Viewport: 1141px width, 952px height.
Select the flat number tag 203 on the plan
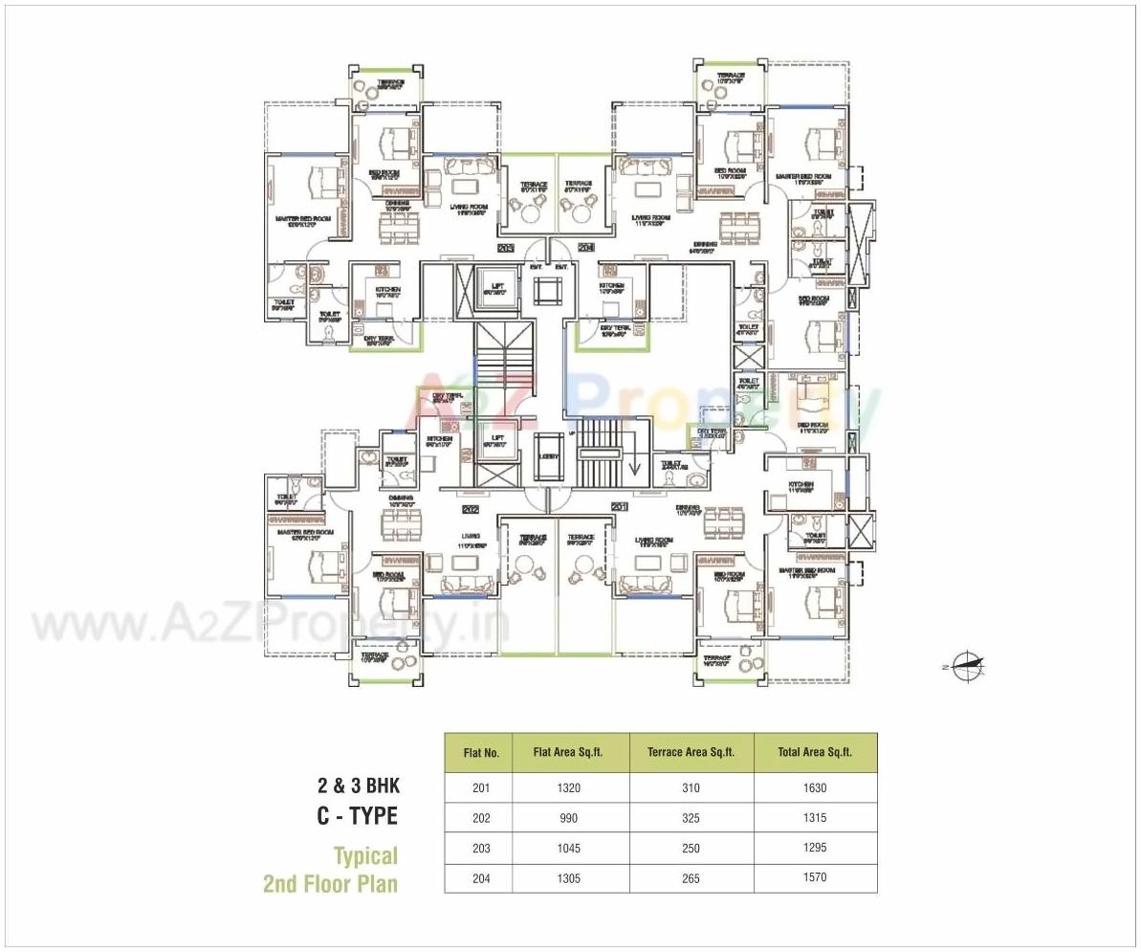pyautogui.click(x=506, y=249)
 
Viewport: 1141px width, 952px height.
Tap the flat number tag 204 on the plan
pyautogui.click(x=586, y=249)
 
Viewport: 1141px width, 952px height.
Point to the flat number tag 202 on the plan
pyautogui.click(x=470, y=509)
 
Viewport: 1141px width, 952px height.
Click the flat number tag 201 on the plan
pyautogui.click(x=619, y=507)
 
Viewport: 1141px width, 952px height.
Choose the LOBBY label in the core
pyautogui.click(x=548, y=456)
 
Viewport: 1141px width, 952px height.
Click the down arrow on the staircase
pyautogui.click(x=632, y=467)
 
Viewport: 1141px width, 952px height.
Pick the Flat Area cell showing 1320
pyautogui.click(x=571, y=788)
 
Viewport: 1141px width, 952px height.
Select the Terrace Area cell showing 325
pyautogui.click(x=691, y=818)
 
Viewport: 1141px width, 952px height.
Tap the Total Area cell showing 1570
pyautogui.click(x=815, y=877)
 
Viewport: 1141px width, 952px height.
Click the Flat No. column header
pyautogui.click(x=481, y=753)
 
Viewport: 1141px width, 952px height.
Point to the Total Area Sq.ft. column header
pyautogui.click(x=815, y=752)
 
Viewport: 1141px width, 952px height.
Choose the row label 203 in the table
pyautogui.click(x=481, y=849)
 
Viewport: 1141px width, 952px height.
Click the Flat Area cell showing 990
pyautogui.click(x=571, y=818)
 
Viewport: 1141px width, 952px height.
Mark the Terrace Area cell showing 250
pyautogui.click(x=691, y=848)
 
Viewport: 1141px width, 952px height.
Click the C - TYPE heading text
pyautogui.click(x=357, y=816)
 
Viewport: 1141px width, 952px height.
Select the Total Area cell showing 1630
pyautogui.click(x=815, y=788)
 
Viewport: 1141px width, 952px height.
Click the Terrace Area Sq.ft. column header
pyautogui.click(x=691, y=752)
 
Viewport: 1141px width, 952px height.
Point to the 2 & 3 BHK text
pyautogui.click(x=359, y=786)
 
